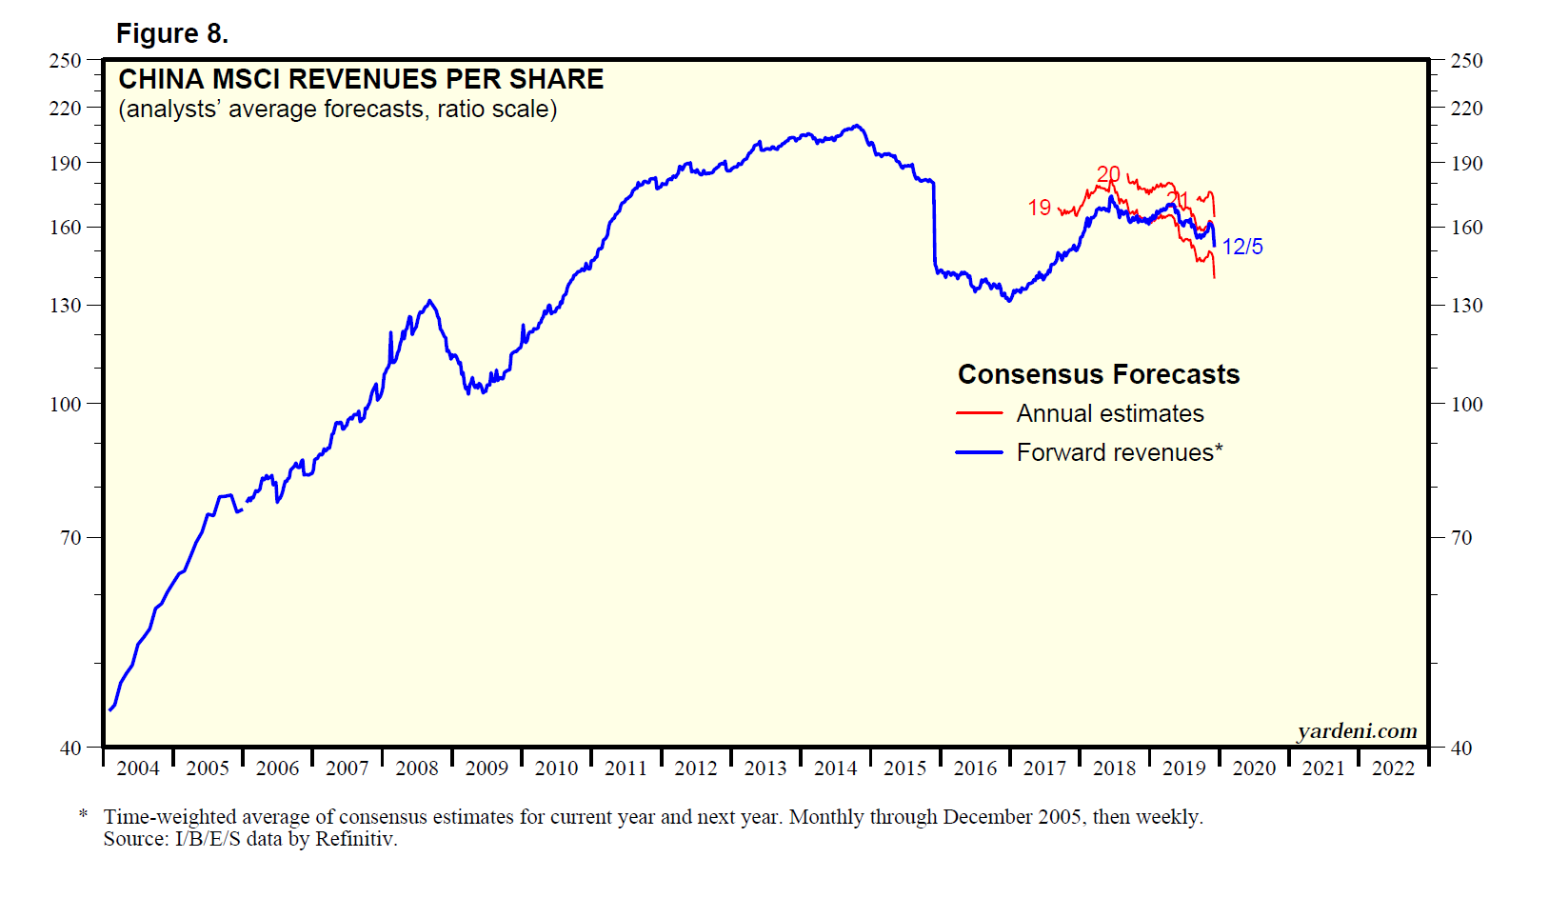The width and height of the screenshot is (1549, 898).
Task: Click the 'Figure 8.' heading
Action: pos(171,34)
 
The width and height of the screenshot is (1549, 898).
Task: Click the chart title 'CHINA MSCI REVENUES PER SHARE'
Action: pos(361,79)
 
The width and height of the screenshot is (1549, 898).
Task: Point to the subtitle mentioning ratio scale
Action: pos(337,110)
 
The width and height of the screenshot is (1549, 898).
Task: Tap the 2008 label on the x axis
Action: pos(417,768)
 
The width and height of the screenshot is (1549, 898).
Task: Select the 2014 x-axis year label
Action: pos(835,768)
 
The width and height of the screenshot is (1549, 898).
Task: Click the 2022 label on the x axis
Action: pos(1393,768)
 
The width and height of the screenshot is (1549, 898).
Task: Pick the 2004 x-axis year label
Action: pos(138,768)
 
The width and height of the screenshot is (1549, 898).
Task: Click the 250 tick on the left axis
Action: pos(66,61)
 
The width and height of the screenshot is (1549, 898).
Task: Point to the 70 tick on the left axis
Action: pos(71,538)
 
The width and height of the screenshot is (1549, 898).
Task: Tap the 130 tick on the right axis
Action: pos(1466,306)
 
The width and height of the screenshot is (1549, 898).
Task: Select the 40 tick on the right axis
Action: pos(1461,748)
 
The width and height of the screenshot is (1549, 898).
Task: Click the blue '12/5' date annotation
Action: pos(1242,248)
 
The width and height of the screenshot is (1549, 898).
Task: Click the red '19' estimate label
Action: pos(1040,208)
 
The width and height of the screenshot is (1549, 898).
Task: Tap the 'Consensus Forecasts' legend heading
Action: pos(1099,374)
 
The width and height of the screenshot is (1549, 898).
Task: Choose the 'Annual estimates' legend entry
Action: pos(1110,414)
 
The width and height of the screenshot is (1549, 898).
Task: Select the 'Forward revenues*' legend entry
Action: pos(1120,452)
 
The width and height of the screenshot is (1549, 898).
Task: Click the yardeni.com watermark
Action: pos(1357,731)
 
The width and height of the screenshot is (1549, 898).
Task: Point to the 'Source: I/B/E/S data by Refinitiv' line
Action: pos(250,839)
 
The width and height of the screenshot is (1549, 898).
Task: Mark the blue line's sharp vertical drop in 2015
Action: pos(935,224)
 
